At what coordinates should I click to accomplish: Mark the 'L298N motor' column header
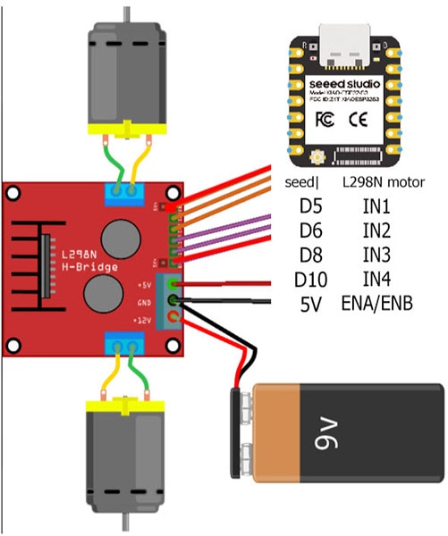(x=384, y=183)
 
